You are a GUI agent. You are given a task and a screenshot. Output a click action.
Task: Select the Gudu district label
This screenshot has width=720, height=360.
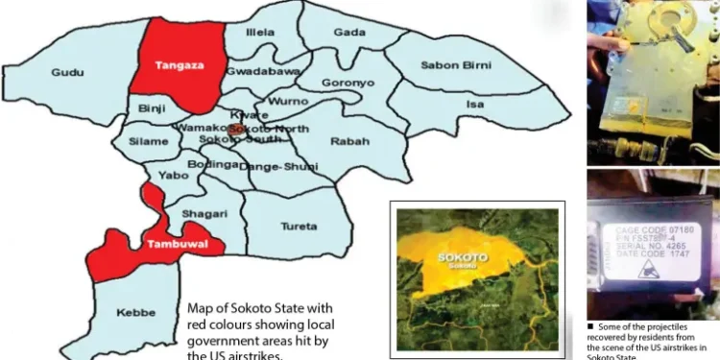tap(67, 73)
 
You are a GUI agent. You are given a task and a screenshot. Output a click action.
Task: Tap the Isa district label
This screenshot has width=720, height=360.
tap(474, 103)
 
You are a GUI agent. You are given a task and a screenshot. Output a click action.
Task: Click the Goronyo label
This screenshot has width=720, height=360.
tap(348, 84)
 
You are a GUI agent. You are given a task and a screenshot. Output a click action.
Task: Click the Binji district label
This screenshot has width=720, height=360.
tap(152, 108)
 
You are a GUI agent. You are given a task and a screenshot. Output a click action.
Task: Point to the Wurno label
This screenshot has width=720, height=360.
tap(288, 101)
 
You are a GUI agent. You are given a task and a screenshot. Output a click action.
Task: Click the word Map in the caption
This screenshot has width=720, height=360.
tap(202, 309)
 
